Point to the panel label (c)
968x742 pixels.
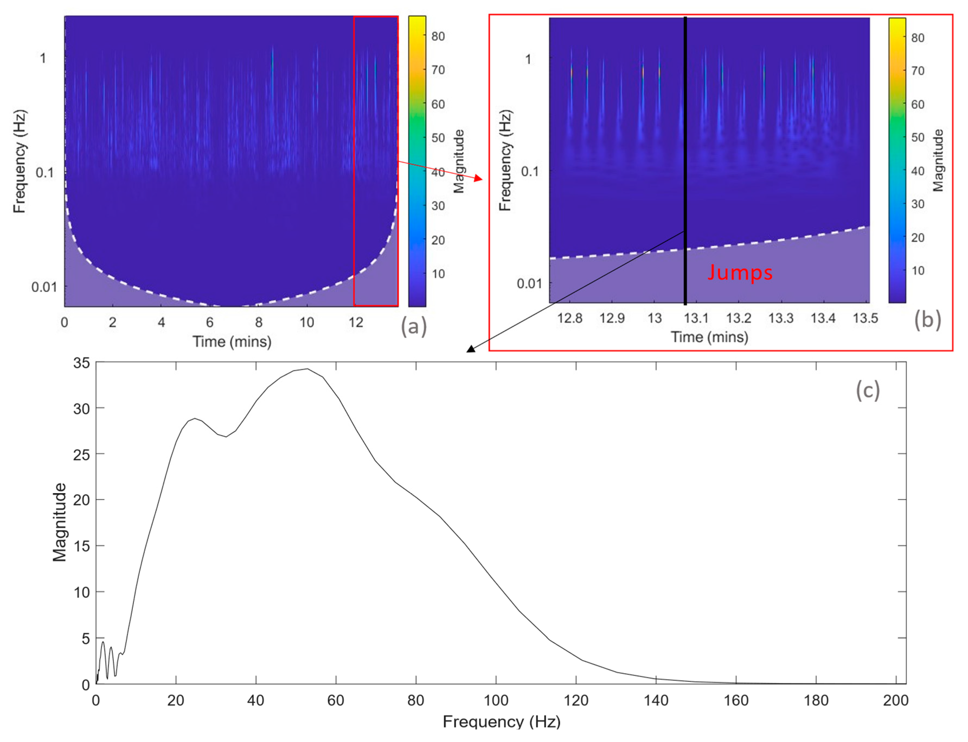867,391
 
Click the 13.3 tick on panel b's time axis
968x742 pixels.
781,318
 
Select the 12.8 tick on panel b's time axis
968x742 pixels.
570,318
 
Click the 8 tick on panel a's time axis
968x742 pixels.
258,322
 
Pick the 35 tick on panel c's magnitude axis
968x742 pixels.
82,363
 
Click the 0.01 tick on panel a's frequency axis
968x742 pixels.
44,287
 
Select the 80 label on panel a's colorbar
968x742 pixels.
438,36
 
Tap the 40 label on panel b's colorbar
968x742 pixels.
917,171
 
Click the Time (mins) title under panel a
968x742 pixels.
232,341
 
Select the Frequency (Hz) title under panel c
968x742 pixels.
501,722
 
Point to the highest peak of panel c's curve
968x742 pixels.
307,369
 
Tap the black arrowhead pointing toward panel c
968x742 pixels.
471,349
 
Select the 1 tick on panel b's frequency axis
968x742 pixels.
528,59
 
